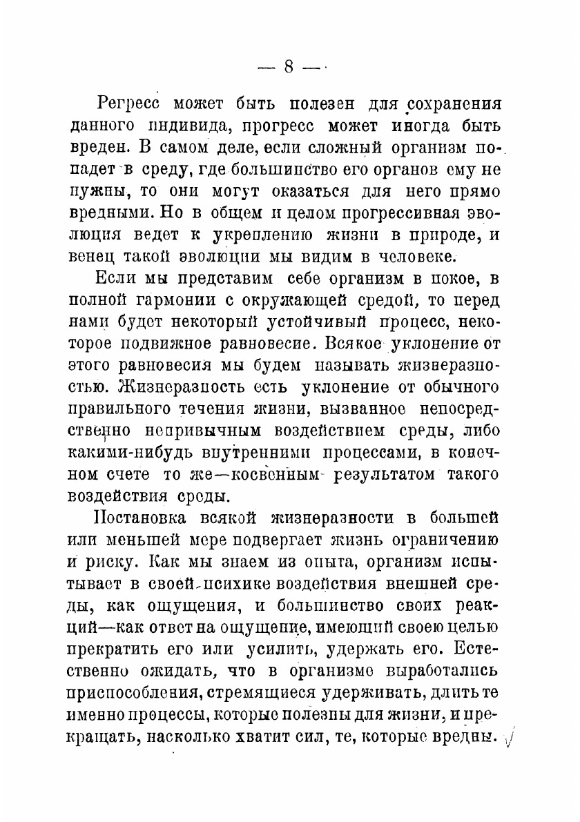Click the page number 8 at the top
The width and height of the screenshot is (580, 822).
pyautogui.click(x=289, y=67)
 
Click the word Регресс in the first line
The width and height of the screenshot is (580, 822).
pyautogui.click(x=130, y=104)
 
